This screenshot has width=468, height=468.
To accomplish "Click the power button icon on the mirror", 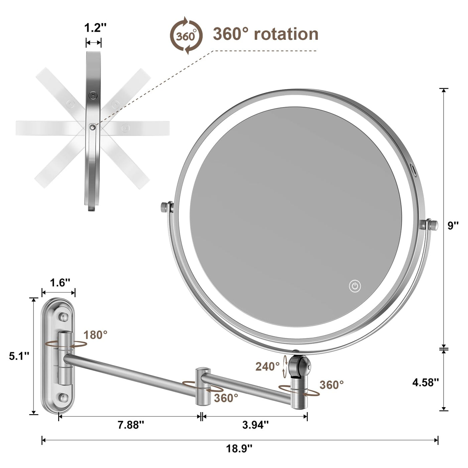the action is [x=355, y=286].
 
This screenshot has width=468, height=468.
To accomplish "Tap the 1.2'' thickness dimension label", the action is [x=95, y=28].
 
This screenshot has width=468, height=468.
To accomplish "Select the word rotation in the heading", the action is [x=286, y=34].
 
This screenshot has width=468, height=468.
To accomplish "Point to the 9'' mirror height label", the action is [x=453, y=226].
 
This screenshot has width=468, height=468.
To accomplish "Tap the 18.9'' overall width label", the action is [x=239, y=448].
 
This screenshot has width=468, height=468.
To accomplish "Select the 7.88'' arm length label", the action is [x=131, y=425].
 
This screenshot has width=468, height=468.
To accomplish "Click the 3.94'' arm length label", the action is [x=255, y=425].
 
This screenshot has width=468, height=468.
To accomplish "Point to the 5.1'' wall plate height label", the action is [x=19, y=356].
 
